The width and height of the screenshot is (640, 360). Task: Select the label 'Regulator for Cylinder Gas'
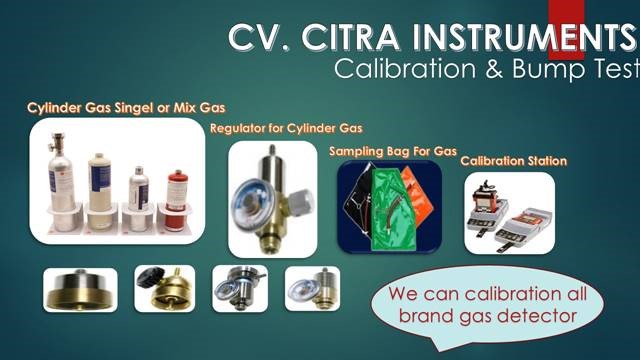(x=286, y=129)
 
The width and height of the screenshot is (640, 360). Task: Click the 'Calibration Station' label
(x=513, y=160)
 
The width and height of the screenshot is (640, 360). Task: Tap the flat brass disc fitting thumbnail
(x=80, y=290)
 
